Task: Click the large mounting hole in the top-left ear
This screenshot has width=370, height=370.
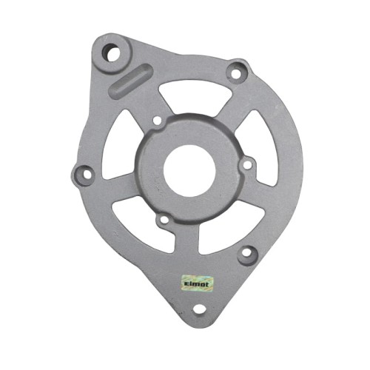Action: (x=112, y=53)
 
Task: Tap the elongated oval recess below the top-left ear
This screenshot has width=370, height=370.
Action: (x=131, y=81)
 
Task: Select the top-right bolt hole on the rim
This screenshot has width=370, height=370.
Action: (x=236, y=73)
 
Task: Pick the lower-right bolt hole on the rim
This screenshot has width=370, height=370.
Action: (x=247, y=252)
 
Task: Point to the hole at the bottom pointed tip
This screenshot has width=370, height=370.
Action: (x=200, y=309)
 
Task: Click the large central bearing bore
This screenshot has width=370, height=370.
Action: (x=189, y=170)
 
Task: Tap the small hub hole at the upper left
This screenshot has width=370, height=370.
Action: (x=158, y=121)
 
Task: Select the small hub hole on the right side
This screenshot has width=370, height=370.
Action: (x=247, y=165)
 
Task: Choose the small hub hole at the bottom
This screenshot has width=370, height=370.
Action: (x=164, y=219)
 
